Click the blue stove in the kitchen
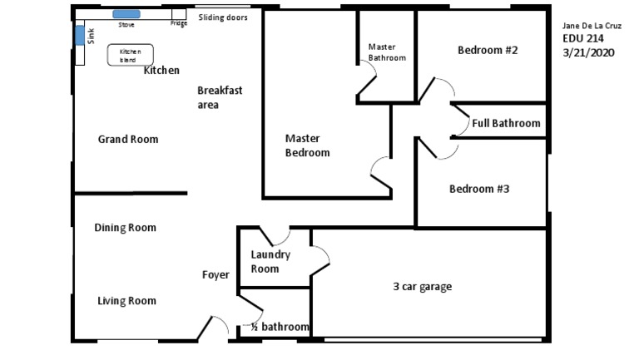(126, 15)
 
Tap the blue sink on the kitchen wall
(80, 35)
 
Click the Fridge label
(179, 23)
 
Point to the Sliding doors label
(222, 17)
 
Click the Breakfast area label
(219, 97)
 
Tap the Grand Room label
(128, 139)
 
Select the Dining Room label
(125, 227)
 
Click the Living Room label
(126, 301)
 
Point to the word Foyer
(215, 275)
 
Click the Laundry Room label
(270, 262)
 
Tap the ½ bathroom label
(275, 327)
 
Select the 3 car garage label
(423, 287)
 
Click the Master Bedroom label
(307, 145)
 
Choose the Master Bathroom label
(387, 52)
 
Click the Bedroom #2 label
(488, 50)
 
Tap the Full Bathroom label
(506, 123)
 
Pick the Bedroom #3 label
(479, 189)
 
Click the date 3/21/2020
(587, 52)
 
